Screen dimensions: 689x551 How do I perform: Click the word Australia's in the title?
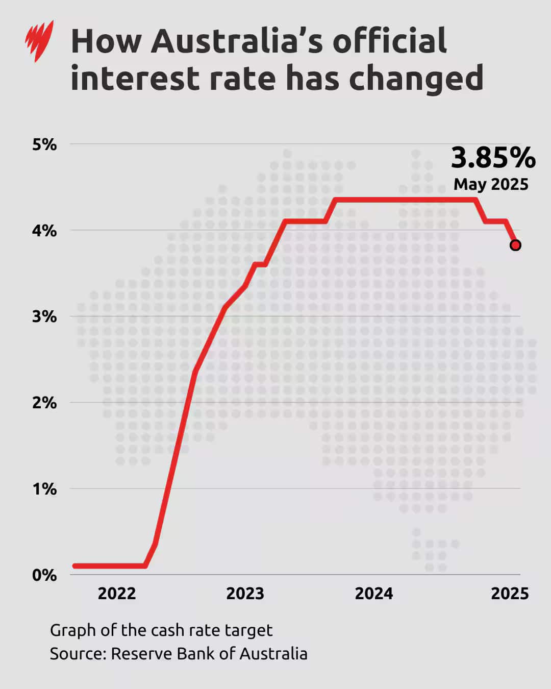point(237,41)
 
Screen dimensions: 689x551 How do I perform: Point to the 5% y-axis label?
point(44,144)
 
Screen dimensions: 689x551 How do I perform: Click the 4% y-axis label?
point(44,231)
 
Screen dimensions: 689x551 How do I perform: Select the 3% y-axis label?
point(44,316)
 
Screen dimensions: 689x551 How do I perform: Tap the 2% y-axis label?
point(44,403)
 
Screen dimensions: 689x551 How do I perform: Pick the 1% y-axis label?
point(44,489)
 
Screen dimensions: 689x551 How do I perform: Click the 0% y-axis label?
point(44,575)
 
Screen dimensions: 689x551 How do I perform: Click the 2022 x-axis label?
point(117,594)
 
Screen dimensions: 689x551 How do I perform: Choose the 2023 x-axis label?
point(245,594)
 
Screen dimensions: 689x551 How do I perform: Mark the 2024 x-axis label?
point(374,594)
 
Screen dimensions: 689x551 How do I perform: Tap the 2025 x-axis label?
point(510,594)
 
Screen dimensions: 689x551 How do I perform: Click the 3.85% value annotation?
point(493,158)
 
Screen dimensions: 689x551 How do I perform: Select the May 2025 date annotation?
point(491,184)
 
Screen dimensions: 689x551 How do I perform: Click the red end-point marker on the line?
point(515,245)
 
